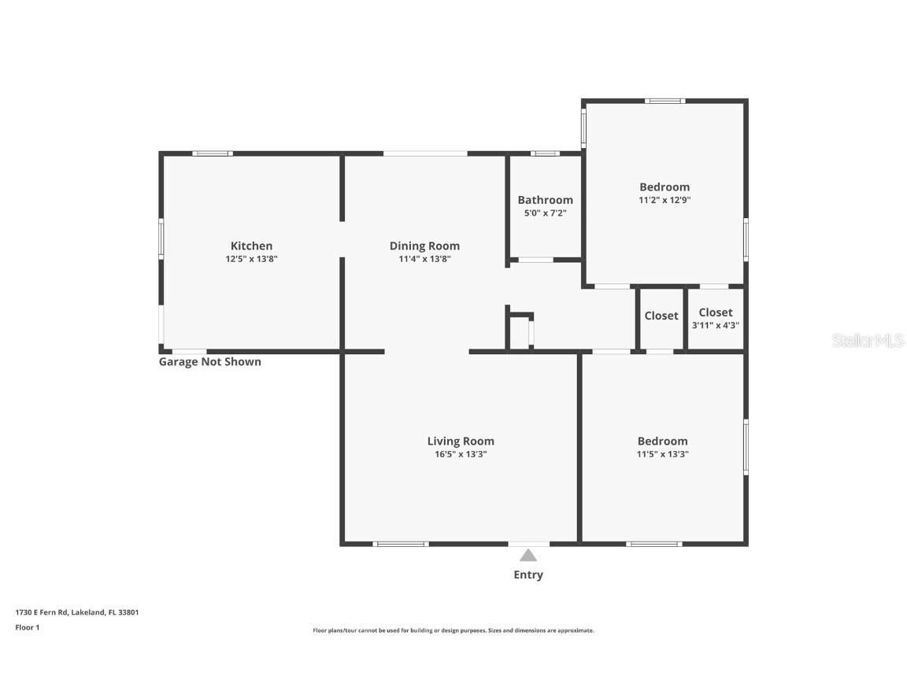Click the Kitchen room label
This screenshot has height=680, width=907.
[251, 246]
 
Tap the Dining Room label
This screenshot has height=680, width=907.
[424, 246]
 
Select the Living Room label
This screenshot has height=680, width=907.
[461, 442]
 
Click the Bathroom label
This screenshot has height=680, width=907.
[545, 200]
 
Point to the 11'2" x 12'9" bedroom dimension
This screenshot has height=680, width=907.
[665, 201]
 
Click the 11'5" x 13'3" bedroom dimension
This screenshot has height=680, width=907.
[662, 454]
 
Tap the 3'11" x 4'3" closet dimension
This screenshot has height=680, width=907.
[715, 325]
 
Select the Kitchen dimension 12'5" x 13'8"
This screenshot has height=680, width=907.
[251, 259]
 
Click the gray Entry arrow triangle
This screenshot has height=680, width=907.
[528, 556]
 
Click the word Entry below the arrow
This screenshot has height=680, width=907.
[528, 575]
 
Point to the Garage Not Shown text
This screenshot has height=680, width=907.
[210, 362]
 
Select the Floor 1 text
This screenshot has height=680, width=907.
[27, 627]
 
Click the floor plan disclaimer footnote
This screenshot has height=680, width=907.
[453, 630]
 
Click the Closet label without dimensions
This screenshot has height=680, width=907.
[661, 316]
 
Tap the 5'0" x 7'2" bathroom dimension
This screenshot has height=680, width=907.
[545, 213]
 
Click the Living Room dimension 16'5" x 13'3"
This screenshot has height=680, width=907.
[461, 454]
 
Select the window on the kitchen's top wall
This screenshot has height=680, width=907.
[213, 153]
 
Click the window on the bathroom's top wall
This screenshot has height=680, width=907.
[545, 153]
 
